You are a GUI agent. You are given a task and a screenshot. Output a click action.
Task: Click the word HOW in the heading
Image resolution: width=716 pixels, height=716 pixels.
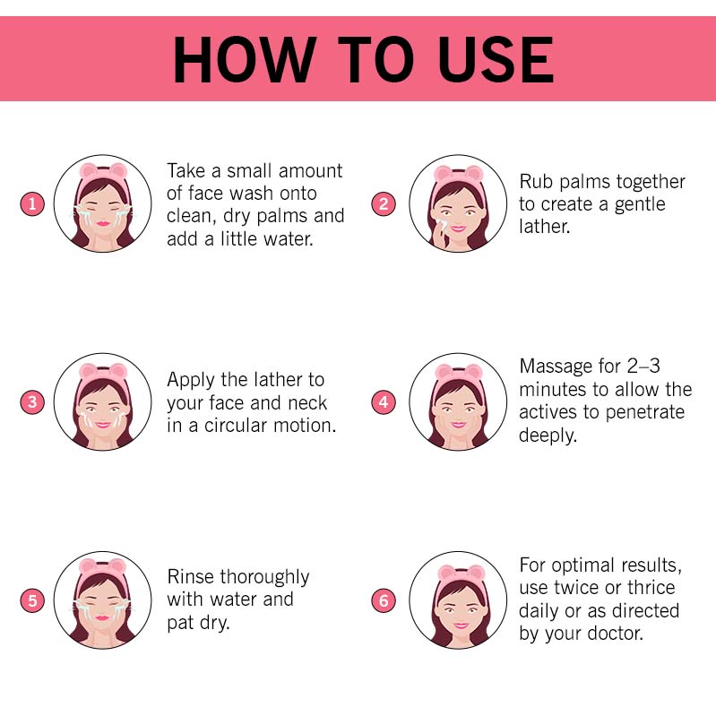245,60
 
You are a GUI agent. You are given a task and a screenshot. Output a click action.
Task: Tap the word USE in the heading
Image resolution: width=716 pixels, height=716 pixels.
496,60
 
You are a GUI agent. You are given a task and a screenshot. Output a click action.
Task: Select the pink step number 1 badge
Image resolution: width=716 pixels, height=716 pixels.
32,203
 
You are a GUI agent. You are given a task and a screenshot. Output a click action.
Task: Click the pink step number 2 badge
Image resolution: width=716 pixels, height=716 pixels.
384,203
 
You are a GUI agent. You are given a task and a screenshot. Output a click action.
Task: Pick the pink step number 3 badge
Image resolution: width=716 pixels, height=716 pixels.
32,401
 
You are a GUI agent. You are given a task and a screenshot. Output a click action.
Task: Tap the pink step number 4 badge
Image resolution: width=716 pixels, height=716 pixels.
384,401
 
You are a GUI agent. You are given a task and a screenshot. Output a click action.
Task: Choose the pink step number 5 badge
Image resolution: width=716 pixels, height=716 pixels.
32,600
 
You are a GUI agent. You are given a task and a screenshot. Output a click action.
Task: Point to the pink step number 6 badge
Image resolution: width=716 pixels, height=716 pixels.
384,600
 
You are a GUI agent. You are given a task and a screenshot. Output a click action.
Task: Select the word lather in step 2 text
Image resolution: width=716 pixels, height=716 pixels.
545,227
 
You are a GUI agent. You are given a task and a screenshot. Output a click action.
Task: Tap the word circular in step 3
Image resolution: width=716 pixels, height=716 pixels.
236,426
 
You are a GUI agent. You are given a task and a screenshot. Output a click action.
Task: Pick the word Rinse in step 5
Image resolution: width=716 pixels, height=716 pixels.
190,577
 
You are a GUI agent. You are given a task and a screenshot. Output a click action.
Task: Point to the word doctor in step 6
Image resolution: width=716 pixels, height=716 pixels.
615,634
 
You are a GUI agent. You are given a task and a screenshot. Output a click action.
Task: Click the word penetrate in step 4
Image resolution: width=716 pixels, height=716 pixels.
645,413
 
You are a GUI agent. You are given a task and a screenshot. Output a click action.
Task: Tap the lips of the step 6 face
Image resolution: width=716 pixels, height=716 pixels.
461,625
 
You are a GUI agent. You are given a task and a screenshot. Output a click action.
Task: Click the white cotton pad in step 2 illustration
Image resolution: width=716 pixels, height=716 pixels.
442,225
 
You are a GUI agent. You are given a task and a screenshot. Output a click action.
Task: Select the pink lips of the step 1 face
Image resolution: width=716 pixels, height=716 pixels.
103,223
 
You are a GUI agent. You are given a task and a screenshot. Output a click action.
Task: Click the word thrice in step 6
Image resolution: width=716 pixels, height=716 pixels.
651,588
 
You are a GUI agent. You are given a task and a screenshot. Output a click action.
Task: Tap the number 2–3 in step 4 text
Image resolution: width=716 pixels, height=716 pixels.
643,367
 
